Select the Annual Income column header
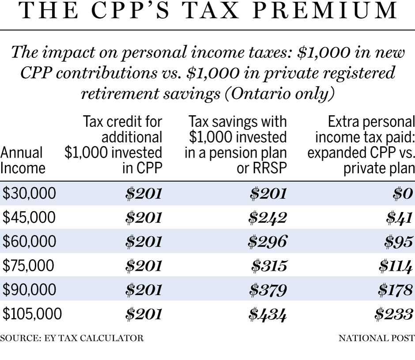(23, 161)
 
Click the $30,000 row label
(29, 193)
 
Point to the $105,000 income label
(32, 314)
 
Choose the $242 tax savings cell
(268, 218)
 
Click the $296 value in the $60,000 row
(268, 242)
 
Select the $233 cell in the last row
(394, 314)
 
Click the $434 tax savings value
(268, 314)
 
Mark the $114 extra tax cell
(396, 266)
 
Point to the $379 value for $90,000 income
(268, 290)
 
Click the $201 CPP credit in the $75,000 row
(144, 266)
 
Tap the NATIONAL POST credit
(377, 339)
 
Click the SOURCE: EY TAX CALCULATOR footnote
(72, 339)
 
